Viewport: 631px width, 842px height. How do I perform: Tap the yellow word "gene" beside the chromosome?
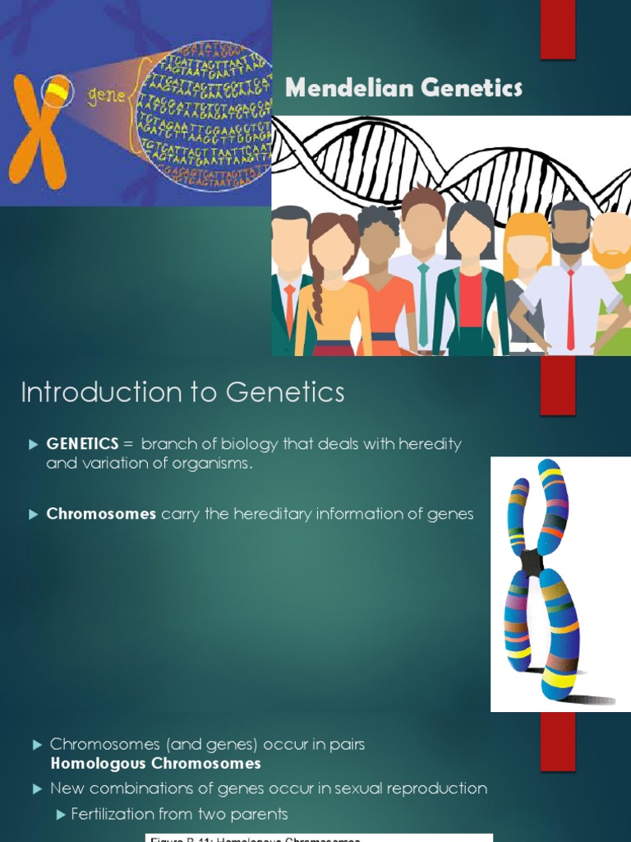pyautogui.click(x=106, y=95)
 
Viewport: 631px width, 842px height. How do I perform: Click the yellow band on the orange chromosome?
pyautogui.click(x=56, y=89)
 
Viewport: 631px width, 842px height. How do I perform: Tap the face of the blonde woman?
pyautogui.click(x=527, y=250)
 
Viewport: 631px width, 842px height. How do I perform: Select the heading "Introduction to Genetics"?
pyautogui.click(x=182, y=393)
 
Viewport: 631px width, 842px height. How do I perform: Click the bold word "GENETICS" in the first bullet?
pyautogui.click(x=82, y=444)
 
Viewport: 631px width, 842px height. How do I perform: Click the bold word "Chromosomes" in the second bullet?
pyautogui.click(x=101, y=514)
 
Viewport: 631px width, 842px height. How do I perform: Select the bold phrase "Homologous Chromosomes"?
pyautogui.click(x=155, y=764)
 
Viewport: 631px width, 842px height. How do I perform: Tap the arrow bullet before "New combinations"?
pyautogui.click(x=36, y=789)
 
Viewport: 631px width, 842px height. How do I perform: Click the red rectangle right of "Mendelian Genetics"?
pyautogui.click(x=557, y=30)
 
